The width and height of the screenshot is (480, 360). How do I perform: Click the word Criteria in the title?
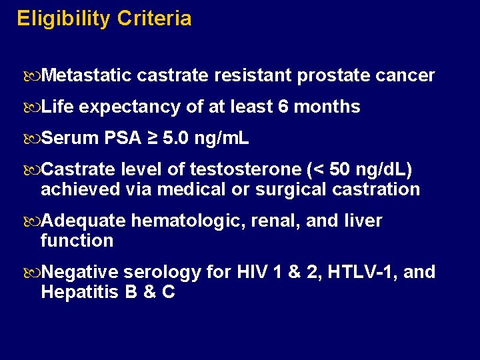(154, 19)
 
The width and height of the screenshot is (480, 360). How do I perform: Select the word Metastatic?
(86, 75)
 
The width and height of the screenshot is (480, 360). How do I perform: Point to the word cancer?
(405, 75)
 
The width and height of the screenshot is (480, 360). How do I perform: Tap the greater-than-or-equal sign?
(153, 138)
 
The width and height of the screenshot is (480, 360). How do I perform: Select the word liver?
(363, 221)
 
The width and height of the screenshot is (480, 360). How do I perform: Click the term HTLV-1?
(365, 272)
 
